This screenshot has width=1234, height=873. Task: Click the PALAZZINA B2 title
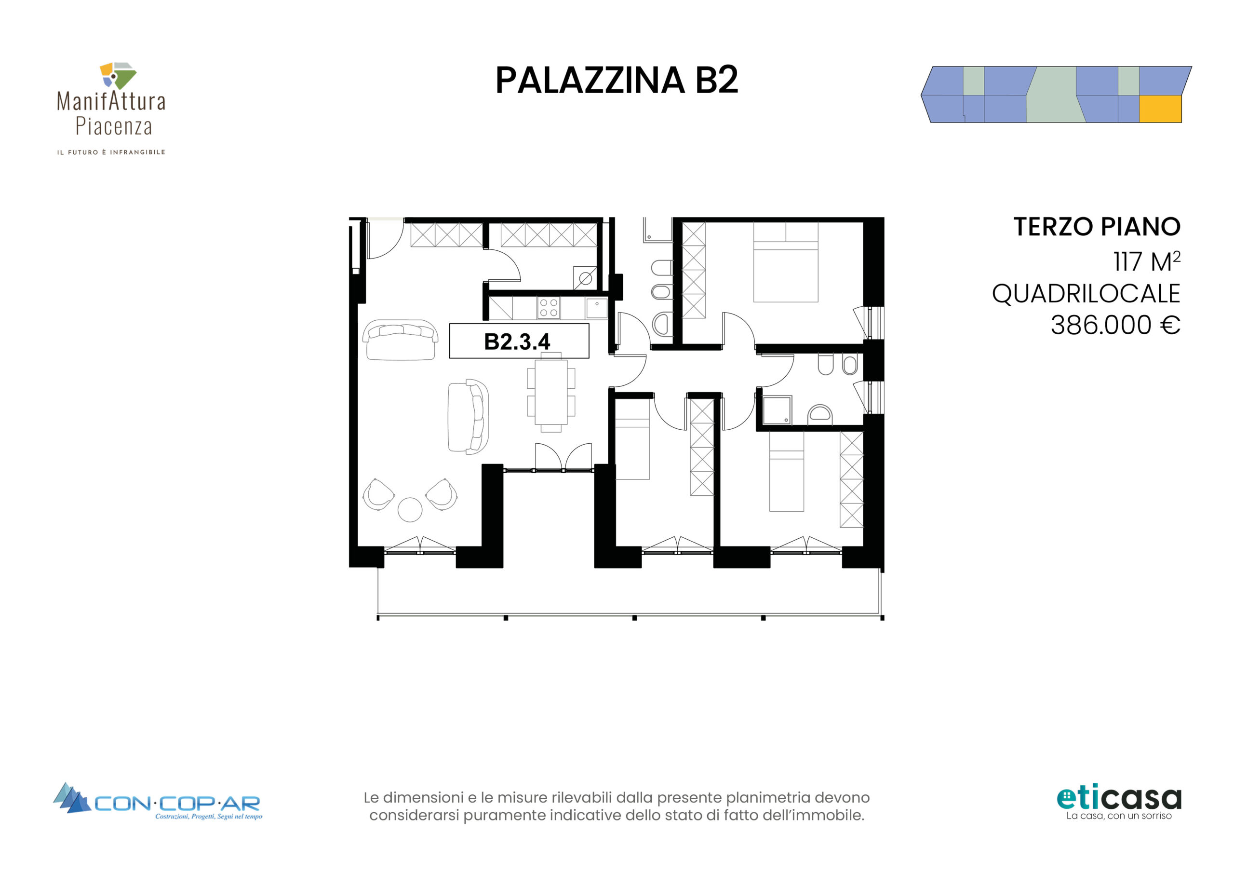[617, 81]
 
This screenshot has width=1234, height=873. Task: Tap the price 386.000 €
[1115, 325]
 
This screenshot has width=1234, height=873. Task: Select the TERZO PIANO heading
[1097, 227]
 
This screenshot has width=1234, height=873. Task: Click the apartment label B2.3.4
[517, 341]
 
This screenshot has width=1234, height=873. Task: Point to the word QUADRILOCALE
[1086, 294]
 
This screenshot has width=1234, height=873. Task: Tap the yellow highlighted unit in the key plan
[1160, 109]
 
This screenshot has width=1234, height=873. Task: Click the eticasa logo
[1119, 803]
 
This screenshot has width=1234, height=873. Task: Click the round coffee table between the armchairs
[410, 509]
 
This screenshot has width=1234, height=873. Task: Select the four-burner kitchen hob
[549, 308]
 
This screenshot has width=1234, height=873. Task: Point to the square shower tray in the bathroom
[777, 411]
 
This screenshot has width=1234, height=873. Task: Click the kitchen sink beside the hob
[597, 308]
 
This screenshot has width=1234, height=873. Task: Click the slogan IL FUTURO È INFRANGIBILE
[111, 152]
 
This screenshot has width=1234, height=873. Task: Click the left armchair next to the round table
[378, 494]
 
